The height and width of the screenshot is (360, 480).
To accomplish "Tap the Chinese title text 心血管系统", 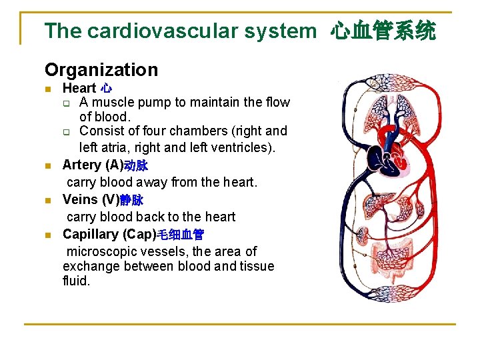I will pyautogui.click(x=383, y=31).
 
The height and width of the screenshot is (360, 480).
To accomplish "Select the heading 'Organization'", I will pyautogui.click(x=101, y=69).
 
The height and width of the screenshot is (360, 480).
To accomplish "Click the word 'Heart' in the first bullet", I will pyautogui.click(x=79, y=88).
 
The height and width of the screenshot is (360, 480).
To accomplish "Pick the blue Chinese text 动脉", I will pyautogui.click(x=136, y=165).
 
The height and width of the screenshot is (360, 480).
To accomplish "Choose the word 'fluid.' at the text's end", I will pyautogui.click(x=76, y=281).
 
